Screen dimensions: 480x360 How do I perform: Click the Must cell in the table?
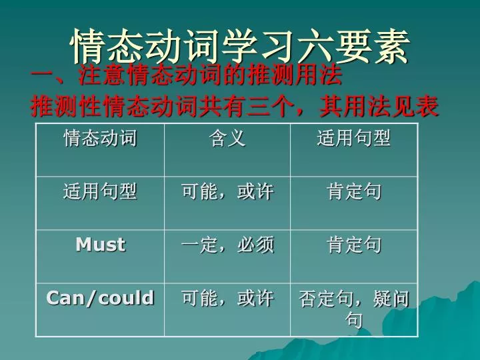coord(101,245)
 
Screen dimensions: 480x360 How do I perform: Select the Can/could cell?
coord(100,298)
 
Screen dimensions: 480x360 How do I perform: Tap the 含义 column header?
coord(227,138)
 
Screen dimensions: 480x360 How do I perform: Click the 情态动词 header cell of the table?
coord(100,138)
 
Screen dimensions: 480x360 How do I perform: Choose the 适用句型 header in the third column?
coord(354,138)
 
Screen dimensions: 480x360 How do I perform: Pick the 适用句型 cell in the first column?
coord(100,191)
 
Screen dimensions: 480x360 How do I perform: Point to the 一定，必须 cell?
coord(227,245)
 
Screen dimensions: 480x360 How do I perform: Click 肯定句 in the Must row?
coord(354,245)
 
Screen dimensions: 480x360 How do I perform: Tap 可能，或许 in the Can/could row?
coord(227,298)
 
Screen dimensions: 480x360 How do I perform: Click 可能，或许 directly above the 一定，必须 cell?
coord(227,191)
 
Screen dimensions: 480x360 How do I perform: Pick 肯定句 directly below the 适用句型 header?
coord(354,191)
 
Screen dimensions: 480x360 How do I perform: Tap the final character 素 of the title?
coord(391,47)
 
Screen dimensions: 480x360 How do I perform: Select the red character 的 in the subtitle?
coord(235,75)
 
